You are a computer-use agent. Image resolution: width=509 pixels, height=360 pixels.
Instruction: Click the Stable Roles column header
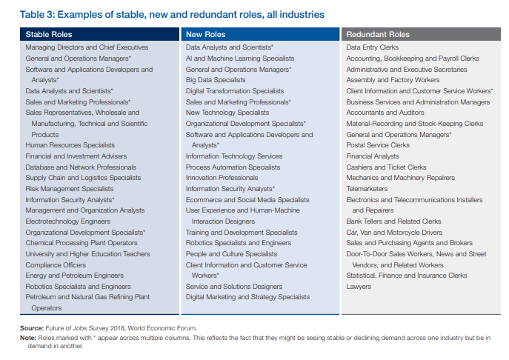[49, 34]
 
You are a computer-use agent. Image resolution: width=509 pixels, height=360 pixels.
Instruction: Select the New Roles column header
[205, 34]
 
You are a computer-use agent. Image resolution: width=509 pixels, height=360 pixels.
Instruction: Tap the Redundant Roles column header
[378, 34]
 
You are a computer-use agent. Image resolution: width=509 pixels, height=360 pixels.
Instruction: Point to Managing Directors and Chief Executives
[87, 47]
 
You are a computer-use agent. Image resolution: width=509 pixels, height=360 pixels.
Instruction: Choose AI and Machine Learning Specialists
[240, 59]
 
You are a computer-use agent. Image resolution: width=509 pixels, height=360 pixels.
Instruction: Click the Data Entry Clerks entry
[373, 47]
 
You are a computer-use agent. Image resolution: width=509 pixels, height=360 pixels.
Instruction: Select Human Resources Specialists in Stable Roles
[70, 145]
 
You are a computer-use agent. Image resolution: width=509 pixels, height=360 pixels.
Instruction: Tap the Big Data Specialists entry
[216, 80]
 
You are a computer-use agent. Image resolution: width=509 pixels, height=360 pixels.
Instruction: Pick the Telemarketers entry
[367, 189]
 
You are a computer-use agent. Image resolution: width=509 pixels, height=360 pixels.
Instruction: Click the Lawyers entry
[359, 287]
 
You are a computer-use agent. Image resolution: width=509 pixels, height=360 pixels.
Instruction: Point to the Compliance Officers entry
[56, 265]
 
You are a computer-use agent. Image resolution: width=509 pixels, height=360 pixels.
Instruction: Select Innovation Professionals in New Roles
[222, 178]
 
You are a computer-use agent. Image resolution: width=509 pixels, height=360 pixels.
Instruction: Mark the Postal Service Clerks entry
[378, 145]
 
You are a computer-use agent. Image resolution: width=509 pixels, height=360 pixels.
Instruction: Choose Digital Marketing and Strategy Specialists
[247, 297]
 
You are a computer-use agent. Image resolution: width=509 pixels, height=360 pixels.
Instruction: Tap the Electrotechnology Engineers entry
[68, 221]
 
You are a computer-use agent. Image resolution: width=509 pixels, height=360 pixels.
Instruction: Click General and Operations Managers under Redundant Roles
[399, 135]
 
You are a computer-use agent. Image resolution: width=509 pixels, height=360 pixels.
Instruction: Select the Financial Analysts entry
[373, 156]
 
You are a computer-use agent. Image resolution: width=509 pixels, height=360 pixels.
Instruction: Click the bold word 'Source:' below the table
[32, 328]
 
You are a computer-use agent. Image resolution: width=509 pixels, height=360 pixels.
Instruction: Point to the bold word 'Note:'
[28, 338]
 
